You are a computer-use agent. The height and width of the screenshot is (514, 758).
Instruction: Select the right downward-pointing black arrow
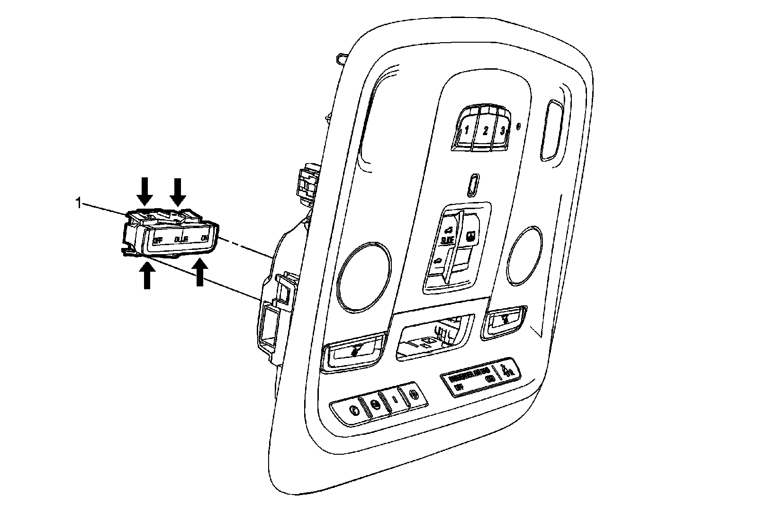[178, 191]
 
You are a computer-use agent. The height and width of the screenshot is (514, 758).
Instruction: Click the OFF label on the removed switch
[158, 240]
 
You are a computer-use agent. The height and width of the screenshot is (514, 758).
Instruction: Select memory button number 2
[485, 131]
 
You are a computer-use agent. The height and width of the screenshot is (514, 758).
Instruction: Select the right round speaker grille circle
[525, 256]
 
